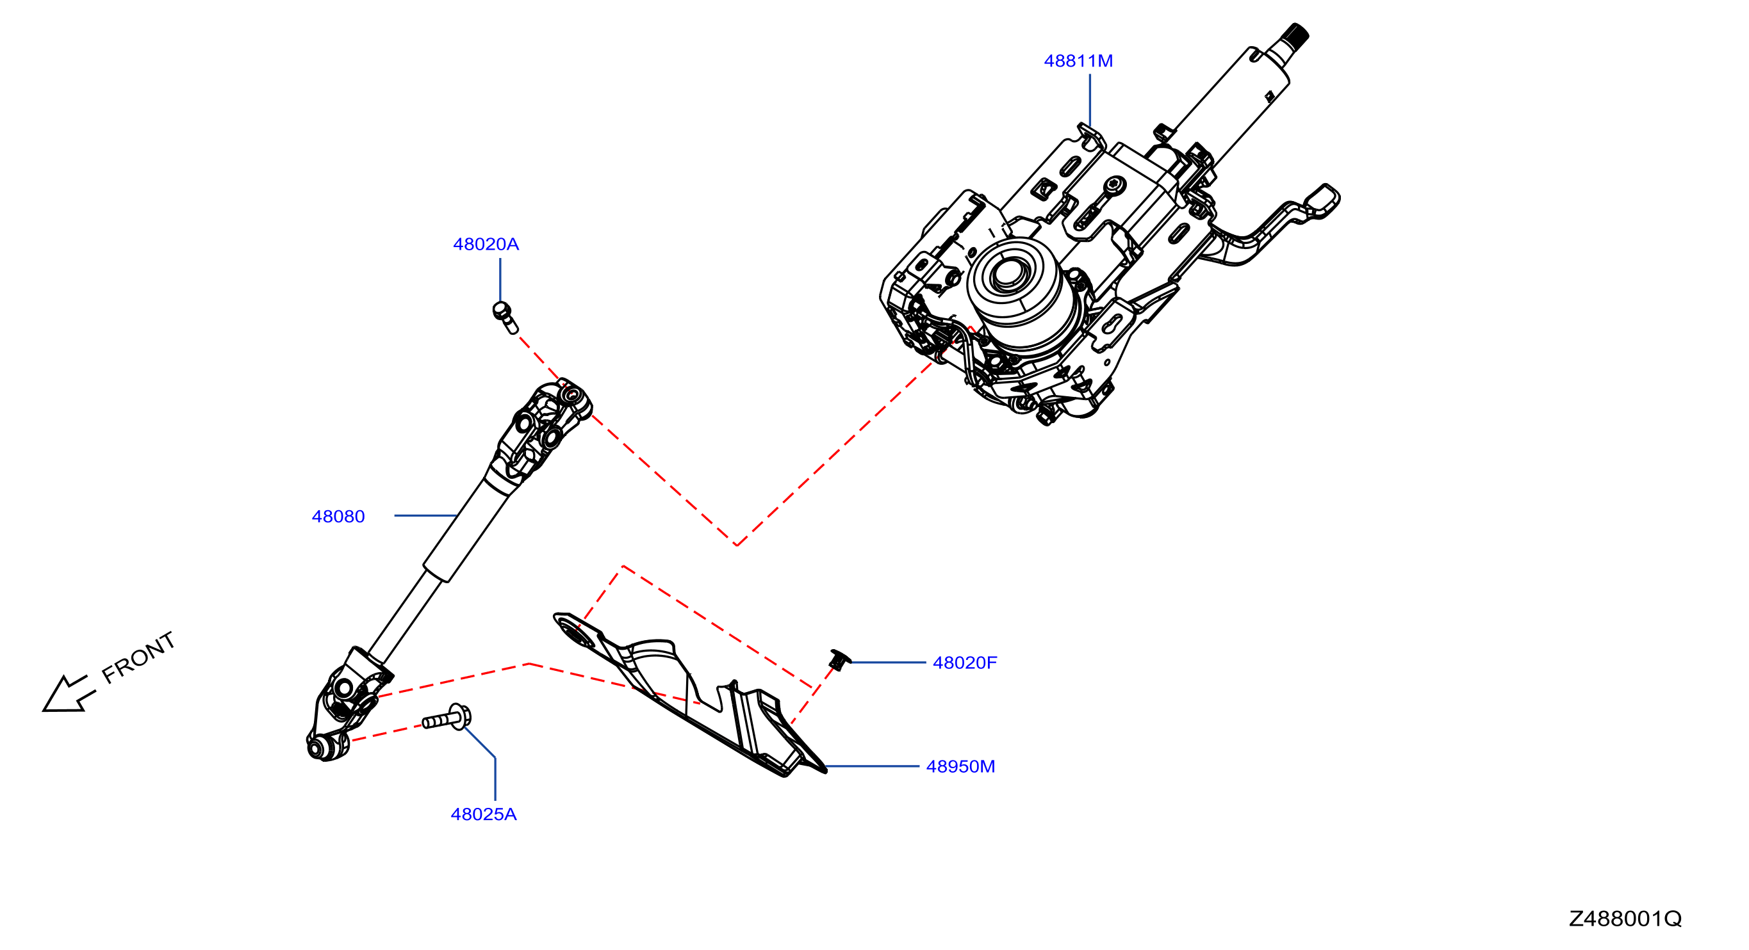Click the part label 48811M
point(1078,61)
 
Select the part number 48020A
point(486,245)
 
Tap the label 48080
point(338,517)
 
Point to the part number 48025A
point(484,814)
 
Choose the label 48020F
point(965,663)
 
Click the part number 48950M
point(961,767)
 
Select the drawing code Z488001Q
point(1625,919)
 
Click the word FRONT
point(138,657)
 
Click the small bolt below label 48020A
point(504,317)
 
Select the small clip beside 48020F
point(839,659)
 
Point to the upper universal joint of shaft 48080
point(543,428)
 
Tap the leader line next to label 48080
point(425,516)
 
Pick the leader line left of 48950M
point(872,767)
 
